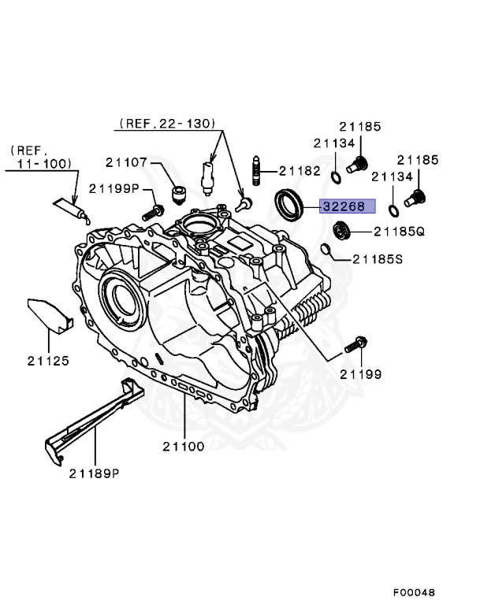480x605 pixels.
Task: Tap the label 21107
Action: coord(127,162)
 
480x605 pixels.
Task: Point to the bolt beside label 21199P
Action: coord(152,211)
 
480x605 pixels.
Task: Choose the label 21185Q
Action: coord(399,232)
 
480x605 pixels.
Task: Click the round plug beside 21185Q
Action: coord(341,231)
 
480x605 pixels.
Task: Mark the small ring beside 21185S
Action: coord(325,251)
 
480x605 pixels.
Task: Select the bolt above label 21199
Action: coord(355,343)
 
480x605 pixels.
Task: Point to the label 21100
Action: coord(184,446)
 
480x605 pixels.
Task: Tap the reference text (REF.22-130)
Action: coord(169,124)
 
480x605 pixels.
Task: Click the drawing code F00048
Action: coord(414,592)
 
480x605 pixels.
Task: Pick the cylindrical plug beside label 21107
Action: coord(179,194)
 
